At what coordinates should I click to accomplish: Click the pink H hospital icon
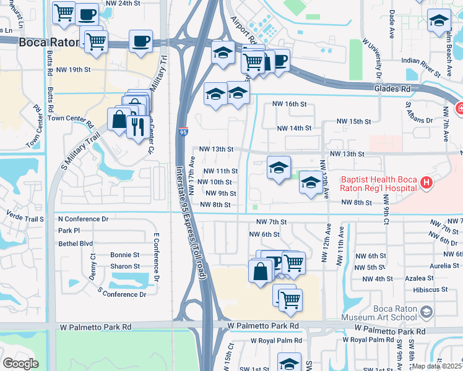pyautogui.click(x=425, y=182)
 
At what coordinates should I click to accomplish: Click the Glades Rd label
pyautogui.click(x=392, y=89)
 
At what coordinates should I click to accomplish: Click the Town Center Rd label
pyautogui.click(x=70, y=117)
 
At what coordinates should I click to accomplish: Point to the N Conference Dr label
pyautogui.click(x=83, y=219)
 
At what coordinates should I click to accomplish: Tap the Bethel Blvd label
pyautogui.click(x=75, y=244)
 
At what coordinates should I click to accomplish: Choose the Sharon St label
pyautogui.click(x=124, y=266)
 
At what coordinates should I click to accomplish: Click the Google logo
pyautogui.click(x=20, y=364)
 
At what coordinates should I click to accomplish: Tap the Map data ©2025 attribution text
pyautogui.click(x=437, y=366)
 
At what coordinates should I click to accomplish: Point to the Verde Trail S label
pyautogui.click(x=25, y=219)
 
